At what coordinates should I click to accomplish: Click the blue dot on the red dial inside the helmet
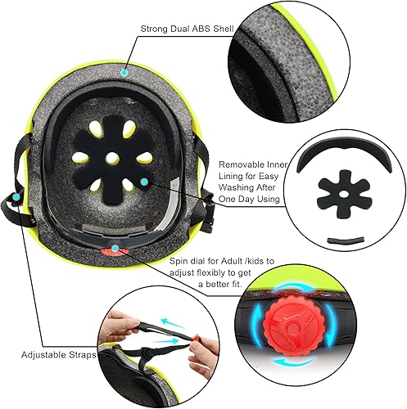coord(115,247)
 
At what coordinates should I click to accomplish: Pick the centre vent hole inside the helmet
coord(113,154)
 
